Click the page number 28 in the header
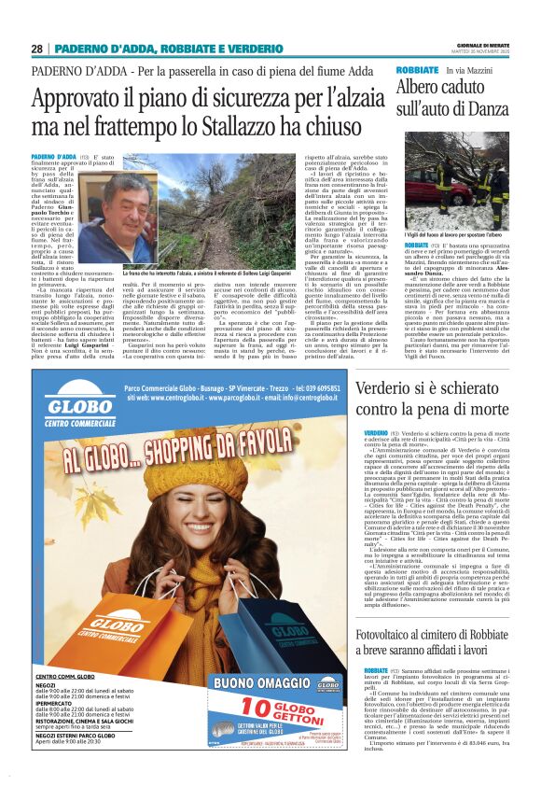click(36, 49)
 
